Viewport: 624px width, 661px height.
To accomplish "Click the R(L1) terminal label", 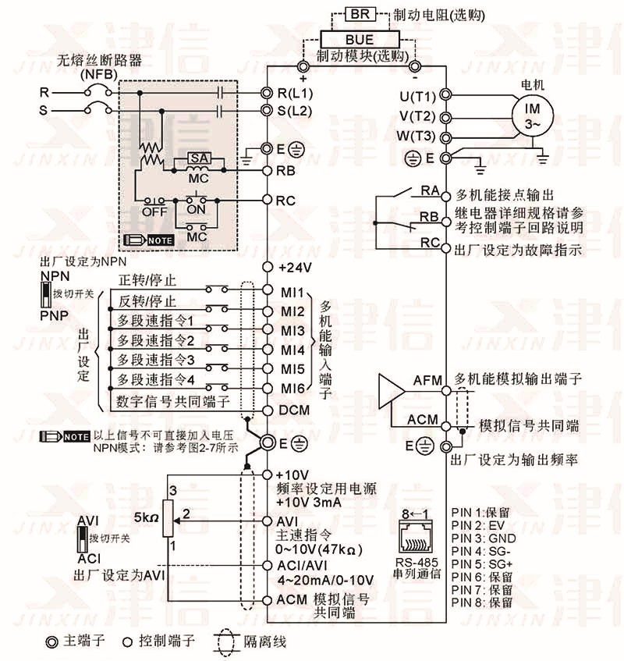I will point(295,92).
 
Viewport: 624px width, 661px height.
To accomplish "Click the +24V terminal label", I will point(296,268).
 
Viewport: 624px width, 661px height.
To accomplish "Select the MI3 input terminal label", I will point(292,331).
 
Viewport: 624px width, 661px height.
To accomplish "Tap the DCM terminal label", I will point(294,410).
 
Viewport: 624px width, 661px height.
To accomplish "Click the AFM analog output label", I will point(427,381).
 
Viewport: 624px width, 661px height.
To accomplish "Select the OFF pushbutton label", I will point(154,211).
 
